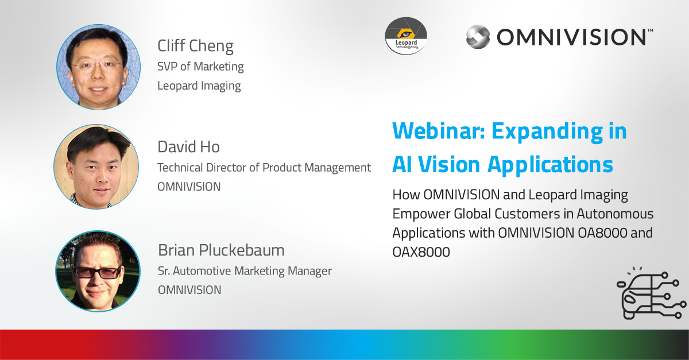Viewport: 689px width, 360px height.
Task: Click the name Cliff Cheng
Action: pyautogui.click(x=195, y=46)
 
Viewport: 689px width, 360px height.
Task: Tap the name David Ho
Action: pyautogui.click(x=188, y=147)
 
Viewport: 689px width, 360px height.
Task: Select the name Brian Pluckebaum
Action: pyautogui.click(x=221, y=250)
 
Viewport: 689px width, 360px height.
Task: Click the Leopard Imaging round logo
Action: pyautogui.click(x=406, y=36)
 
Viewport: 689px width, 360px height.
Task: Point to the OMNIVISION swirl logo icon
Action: pyautogui.click(x=478, y=37)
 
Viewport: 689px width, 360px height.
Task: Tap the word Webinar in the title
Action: pyautogui.click(x=439, y=131)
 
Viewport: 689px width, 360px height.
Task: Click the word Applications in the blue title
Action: pyautogui.click(x=550, y=165)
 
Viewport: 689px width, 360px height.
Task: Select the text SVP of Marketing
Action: pyautogui.click(x=200, y=67)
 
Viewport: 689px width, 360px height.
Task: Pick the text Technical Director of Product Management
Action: pyautogui.click(x=264, y=168)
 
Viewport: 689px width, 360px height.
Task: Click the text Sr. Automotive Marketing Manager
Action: pyautogui.click(x=245, y=271)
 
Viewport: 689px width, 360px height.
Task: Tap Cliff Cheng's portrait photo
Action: pyautogui.click(x=98, y=67)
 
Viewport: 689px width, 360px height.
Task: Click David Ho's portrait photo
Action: pyautogui.click(x=96, y=167)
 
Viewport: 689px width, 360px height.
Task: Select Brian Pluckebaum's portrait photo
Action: pyautogui.click(x=98, y=272)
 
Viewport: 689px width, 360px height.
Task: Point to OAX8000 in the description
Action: pyautogui.click(x=421, y=252)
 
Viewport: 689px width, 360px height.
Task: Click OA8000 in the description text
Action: pyautogui.click(x=602, y=233)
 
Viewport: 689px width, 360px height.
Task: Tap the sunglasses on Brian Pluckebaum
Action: pyautogui.click(x=98, y=272)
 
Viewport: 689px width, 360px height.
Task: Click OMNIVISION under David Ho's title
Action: pyautogui.click(x=189, y=187)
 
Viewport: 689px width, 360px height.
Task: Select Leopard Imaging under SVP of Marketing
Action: pyautogui.click(x=199, y=86)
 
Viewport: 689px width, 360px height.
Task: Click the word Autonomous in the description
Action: pyautogui.click(x=615, y=214)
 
